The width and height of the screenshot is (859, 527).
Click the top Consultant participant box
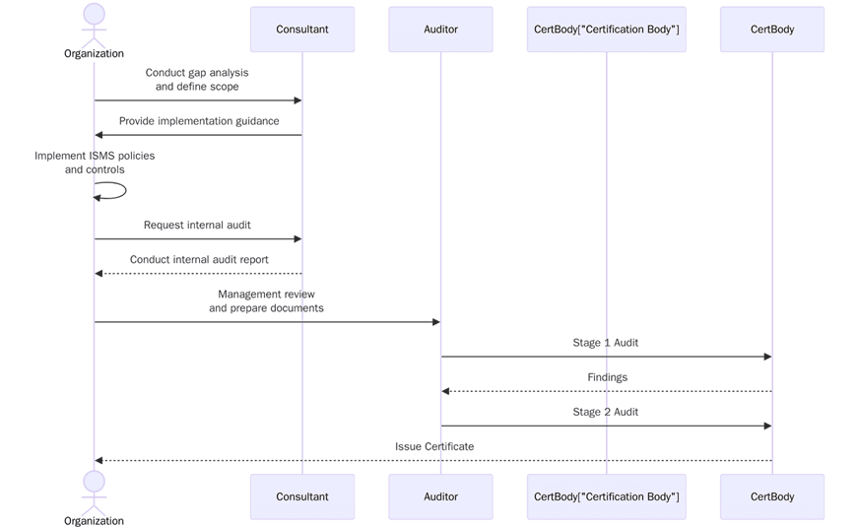tap(301, 30)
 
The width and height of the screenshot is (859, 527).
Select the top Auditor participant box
tap(440, 30)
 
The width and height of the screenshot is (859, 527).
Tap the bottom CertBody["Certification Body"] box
tap(606, 496)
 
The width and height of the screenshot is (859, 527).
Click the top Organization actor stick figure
tap(94, 25)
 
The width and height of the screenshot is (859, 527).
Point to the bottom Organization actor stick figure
tap(94, 490)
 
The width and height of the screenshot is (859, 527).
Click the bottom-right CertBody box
tap(771, 496)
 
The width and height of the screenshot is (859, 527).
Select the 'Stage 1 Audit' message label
tap(605, 343)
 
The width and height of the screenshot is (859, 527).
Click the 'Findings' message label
tap(607, 377)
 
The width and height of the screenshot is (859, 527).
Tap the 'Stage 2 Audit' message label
tap(605, 412)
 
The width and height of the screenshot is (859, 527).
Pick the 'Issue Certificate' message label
tap(434, 446)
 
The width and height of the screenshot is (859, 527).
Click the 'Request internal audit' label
tap(197, 225)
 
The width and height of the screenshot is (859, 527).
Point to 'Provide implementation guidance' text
tap(199, 121)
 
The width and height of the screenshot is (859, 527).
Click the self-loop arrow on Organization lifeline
tap(118, 191)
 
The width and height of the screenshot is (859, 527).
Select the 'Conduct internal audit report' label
tap(199, 260)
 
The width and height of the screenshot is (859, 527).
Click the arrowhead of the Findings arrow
tap(446, 391)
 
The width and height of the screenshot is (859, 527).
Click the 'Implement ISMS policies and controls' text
tap(95, 163)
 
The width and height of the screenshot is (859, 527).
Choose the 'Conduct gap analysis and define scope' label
tap(197, 80)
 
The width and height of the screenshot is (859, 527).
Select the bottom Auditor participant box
tap(440, 496)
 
